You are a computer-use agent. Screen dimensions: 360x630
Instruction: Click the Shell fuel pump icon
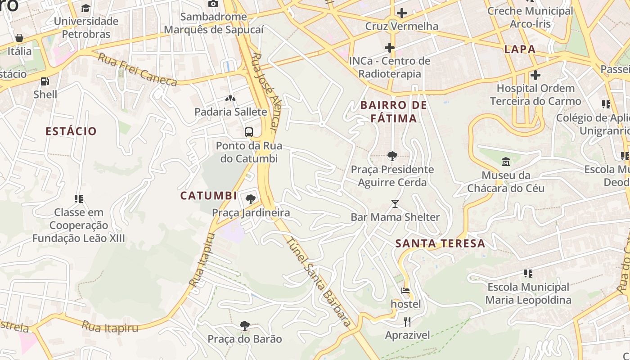[45, 81]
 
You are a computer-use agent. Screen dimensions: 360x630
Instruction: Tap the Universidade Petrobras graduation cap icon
[85, 8]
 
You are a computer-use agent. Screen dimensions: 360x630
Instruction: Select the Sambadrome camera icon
[213, 4]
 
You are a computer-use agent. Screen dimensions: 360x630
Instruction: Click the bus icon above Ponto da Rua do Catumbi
[249, 132]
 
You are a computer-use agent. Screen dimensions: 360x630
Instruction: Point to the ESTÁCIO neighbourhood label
[71, 131]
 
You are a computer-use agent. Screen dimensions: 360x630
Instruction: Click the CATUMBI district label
[208, 196]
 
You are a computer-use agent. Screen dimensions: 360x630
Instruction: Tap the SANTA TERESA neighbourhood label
[440, 244]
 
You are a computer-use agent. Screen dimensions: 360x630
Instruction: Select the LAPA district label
[520, 49]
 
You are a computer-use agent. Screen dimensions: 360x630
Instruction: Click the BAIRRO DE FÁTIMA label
[393, 112]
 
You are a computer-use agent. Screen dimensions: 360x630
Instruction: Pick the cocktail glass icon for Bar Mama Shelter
[395, 204]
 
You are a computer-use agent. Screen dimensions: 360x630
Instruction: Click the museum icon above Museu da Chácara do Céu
[506, 162]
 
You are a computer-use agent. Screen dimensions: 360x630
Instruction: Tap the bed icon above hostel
[405, 291]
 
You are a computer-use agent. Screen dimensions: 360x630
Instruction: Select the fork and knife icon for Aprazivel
[407, 321]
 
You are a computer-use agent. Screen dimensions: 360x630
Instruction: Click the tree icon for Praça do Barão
[244, 325]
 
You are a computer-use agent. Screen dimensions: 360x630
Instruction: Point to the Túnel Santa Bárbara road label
[319, 282]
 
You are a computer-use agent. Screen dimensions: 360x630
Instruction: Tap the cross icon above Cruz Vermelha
[401, 13]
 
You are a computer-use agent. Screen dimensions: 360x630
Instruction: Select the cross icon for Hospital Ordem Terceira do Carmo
[535, 75]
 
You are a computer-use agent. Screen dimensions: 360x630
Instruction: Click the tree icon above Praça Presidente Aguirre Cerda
[392, 156]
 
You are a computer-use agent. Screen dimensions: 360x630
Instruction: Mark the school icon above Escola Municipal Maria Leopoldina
[528, 273]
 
